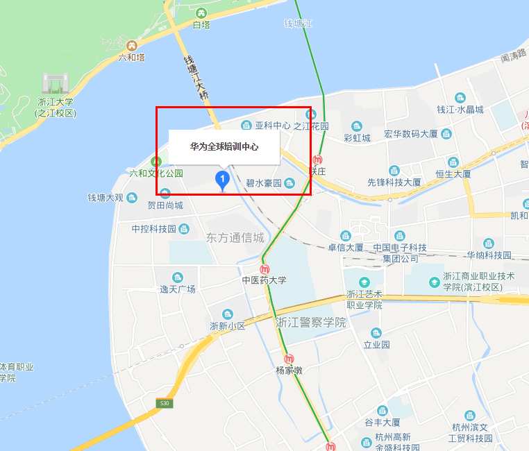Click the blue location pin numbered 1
222,180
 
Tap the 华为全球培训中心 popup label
224,147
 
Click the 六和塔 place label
131,57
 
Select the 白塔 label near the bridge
201,25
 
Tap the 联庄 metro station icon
318,160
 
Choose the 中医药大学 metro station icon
264,269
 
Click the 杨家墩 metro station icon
289,359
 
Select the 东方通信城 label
235,237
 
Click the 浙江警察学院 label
310,322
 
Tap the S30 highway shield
164,403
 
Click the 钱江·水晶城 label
460,110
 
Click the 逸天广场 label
178,289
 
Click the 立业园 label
376,344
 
